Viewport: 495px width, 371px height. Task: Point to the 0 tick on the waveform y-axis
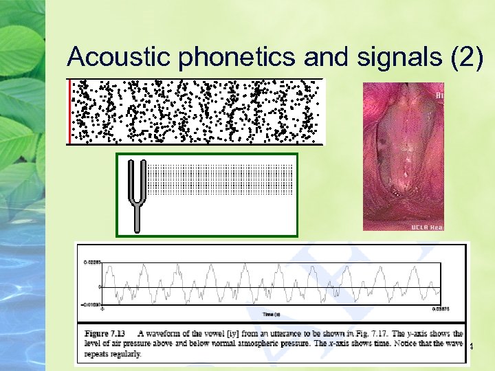click(x=100, y=285)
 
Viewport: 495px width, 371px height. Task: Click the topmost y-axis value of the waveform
click(x=93, y=262)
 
